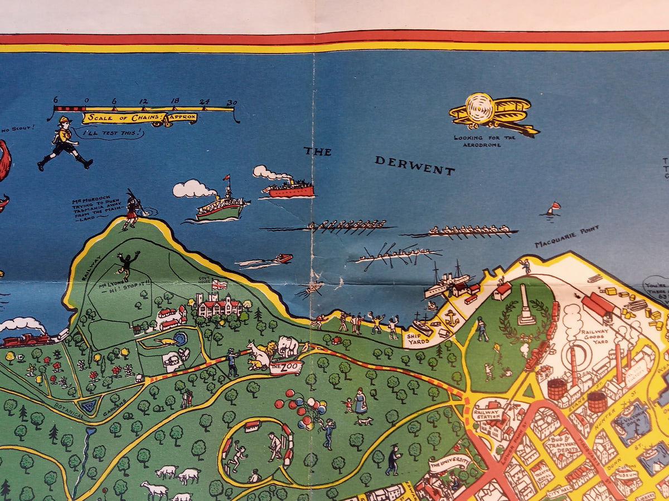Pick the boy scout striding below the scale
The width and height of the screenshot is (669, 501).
point(65,143)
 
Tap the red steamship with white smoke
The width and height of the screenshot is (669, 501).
point(288,189)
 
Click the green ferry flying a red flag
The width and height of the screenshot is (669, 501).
point(220,207)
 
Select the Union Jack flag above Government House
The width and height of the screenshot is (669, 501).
point(220,284)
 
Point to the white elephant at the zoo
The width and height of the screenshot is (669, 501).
point(289,346)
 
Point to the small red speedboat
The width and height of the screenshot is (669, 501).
point(282,258)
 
